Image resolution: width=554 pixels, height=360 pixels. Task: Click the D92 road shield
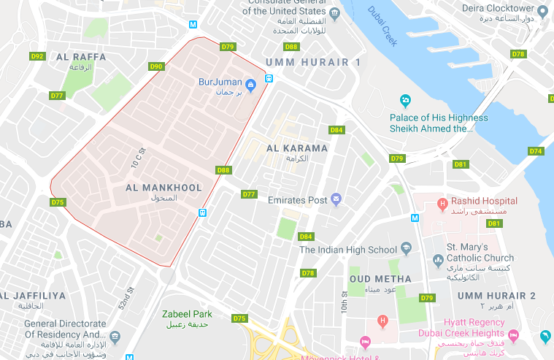pos(37,56)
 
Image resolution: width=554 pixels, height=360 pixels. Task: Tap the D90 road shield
pos(155,66)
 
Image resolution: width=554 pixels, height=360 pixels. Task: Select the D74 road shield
pos(536,151)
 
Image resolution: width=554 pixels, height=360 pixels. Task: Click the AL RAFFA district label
pos(80,57)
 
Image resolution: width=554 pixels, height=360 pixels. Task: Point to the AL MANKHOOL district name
pos(163,188)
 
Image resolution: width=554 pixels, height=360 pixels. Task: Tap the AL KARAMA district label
pos(298,148)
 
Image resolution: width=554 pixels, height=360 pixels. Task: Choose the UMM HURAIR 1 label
pos(314,63)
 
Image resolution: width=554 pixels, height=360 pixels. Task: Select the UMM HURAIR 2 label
pos(496,295)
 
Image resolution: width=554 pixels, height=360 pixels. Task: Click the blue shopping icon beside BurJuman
pos(250,85)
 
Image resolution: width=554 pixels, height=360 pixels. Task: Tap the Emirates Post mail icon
pos(336,199)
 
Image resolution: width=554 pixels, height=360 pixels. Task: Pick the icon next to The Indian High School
pos(405,250)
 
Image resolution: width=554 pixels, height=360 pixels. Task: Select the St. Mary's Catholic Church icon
pos(438,258)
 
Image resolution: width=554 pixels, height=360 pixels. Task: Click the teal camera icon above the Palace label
pos(405,100)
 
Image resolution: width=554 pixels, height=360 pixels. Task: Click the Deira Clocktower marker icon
pos(542,9)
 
